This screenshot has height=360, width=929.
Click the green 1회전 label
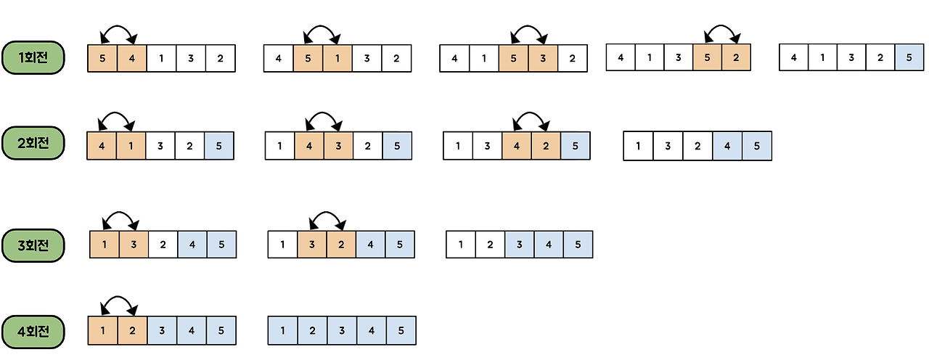pos(33,57)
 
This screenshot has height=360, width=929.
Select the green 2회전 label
pos(33,143)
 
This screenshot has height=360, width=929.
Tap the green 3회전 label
pos(33,245)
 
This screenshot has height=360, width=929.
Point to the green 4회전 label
pos(33,331)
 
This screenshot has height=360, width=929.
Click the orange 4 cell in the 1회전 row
pos(131,58)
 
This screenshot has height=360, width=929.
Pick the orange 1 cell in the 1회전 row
pos(337,58)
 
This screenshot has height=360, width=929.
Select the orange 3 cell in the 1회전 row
pos(543,58)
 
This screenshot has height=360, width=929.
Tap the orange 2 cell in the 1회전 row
pos(736,57)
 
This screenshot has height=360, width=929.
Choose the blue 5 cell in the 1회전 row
pos(909,57)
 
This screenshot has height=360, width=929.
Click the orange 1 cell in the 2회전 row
pos(131,146)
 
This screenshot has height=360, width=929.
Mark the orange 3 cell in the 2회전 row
pos(338,146)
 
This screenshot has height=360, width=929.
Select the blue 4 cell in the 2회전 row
pos(727,146)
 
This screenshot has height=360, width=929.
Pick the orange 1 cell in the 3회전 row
pos(105,245)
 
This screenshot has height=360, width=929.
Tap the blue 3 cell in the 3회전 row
pos(519,245)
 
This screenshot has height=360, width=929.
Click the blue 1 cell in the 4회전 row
pos(283,331)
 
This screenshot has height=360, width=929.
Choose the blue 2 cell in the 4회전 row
pos(312,331)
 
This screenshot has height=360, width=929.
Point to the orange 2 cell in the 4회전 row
pos(131,331)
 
